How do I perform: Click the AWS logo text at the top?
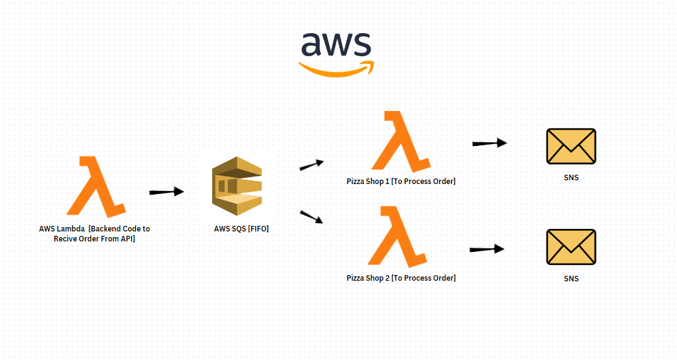point(336,46)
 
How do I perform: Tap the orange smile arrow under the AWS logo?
point(337,69)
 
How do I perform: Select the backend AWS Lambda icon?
point(95,187)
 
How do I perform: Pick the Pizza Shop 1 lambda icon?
point(401,142)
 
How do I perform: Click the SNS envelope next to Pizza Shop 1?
point(571,147)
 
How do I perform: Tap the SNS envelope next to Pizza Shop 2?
point(571,246)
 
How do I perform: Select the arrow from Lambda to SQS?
point(167,192)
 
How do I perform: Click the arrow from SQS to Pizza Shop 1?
point(312,165)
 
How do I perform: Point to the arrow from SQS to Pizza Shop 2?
point(311,217)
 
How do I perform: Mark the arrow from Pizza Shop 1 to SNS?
point(489,143)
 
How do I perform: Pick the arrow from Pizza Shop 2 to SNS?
point(487,249)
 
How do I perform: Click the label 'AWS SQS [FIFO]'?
point(241,229)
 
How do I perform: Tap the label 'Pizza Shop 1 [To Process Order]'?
point(401,182)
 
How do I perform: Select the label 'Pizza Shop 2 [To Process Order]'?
point(401,278)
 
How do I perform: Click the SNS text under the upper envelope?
point(571,178)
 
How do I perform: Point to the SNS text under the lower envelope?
point(571,279)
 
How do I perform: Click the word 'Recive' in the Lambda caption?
point(66,238)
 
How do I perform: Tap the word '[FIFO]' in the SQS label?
point(258,229)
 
